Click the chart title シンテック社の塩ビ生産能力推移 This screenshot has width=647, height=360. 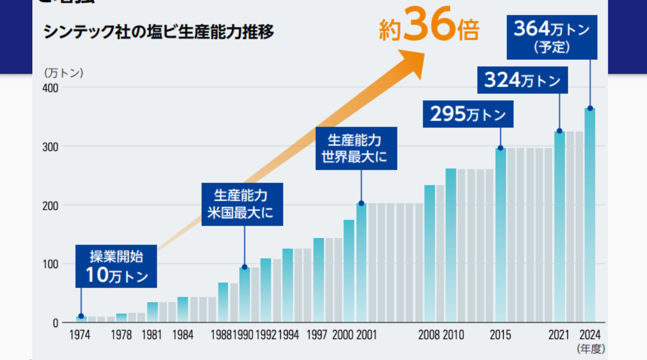159,33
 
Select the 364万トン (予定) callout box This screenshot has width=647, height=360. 551,37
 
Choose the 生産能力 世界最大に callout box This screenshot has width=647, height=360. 356,148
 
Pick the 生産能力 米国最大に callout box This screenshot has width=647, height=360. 242,204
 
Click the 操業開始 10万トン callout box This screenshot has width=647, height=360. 116,267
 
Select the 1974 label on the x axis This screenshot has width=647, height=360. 80,335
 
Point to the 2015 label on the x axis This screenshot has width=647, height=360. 500,335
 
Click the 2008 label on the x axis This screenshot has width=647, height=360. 429,335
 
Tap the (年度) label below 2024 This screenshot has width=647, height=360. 590,348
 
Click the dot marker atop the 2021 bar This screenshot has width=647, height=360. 559,131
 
